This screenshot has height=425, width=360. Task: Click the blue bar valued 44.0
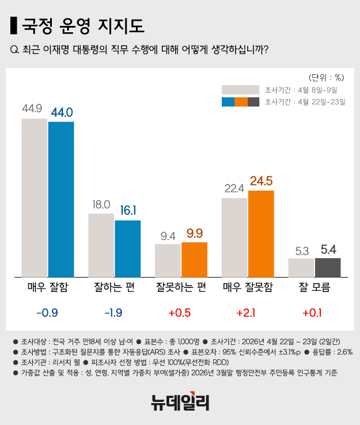pyautogui.click(x=61, y=199)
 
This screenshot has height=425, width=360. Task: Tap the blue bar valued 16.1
pyautogui.click(x=128, y=240)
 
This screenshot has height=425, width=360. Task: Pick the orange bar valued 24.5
pyautogui.click(x=261, y=233)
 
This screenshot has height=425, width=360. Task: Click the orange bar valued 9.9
pyautogui.click(x=194, y=259)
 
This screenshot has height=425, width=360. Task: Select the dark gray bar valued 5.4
pyautogui.click(x=328, y=267)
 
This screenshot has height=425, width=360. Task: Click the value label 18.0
pyautogui.click(x=101, y=204)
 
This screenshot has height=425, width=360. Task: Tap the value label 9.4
pyautogui.click(x=168, y=235)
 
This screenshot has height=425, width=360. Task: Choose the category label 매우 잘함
pyautogui.click(x=48, y=287)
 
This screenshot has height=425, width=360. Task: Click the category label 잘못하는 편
pyautogui.click(x=181, y=287)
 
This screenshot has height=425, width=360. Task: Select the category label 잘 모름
pyautogui.click(x=314, y=287)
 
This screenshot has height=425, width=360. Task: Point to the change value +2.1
pyautogui.click(x=248, y=313)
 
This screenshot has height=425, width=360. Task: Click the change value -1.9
pyautogui.click(x=114, y=313)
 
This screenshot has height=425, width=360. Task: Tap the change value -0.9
pyautogui.click(x=48, y=313)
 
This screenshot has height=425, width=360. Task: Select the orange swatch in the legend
pyautogui.click(x=241, y=102)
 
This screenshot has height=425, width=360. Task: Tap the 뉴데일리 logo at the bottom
pyautogui.click(x=180, y=401)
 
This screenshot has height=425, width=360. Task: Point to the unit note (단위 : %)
pyautogui.click(x=326, y=77)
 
